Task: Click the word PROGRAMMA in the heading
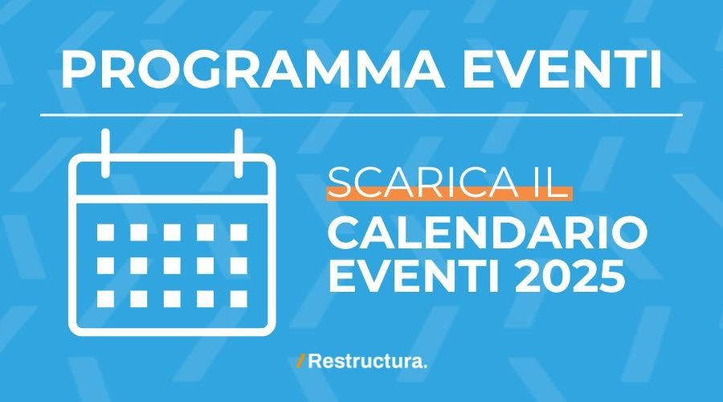[253, 69]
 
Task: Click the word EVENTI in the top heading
[562, 69]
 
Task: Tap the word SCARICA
[423, 183]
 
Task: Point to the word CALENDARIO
[488, 233]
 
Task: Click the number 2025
[570, 276]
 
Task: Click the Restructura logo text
[367, 361]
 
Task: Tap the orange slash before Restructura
[300, 361]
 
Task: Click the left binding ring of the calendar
[105, 154]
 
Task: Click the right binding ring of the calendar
[239, 154]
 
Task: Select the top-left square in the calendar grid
[105, 232]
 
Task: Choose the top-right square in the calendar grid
[239, 232]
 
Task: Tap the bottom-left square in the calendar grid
[105, 299]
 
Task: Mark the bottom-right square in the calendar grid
[239, 299]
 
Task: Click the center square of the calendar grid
[172, 266]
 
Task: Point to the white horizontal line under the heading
[361, 115]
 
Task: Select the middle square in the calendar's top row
[172, 232]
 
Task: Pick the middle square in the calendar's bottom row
[172, 299]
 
